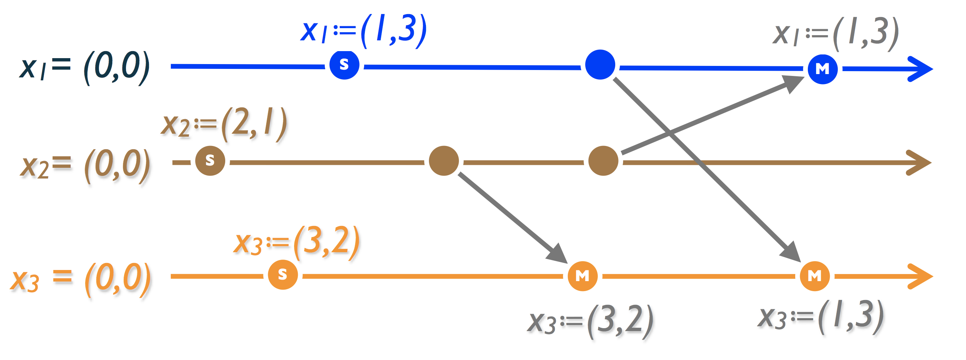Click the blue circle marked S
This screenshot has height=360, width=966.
pos(344,65)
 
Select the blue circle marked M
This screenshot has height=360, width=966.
pos(822,69)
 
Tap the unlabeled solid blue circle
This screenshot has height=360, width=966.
pos(600,65)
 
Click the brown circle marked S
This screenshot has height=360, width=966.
pos(210,161)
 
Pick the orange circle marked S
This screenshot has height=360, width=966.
pos(283,275)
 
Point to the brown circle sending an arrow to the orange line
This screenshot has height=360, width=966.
pos(444,161)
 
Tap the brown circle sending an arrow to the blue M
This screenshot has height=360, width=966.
pos(603,161)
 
